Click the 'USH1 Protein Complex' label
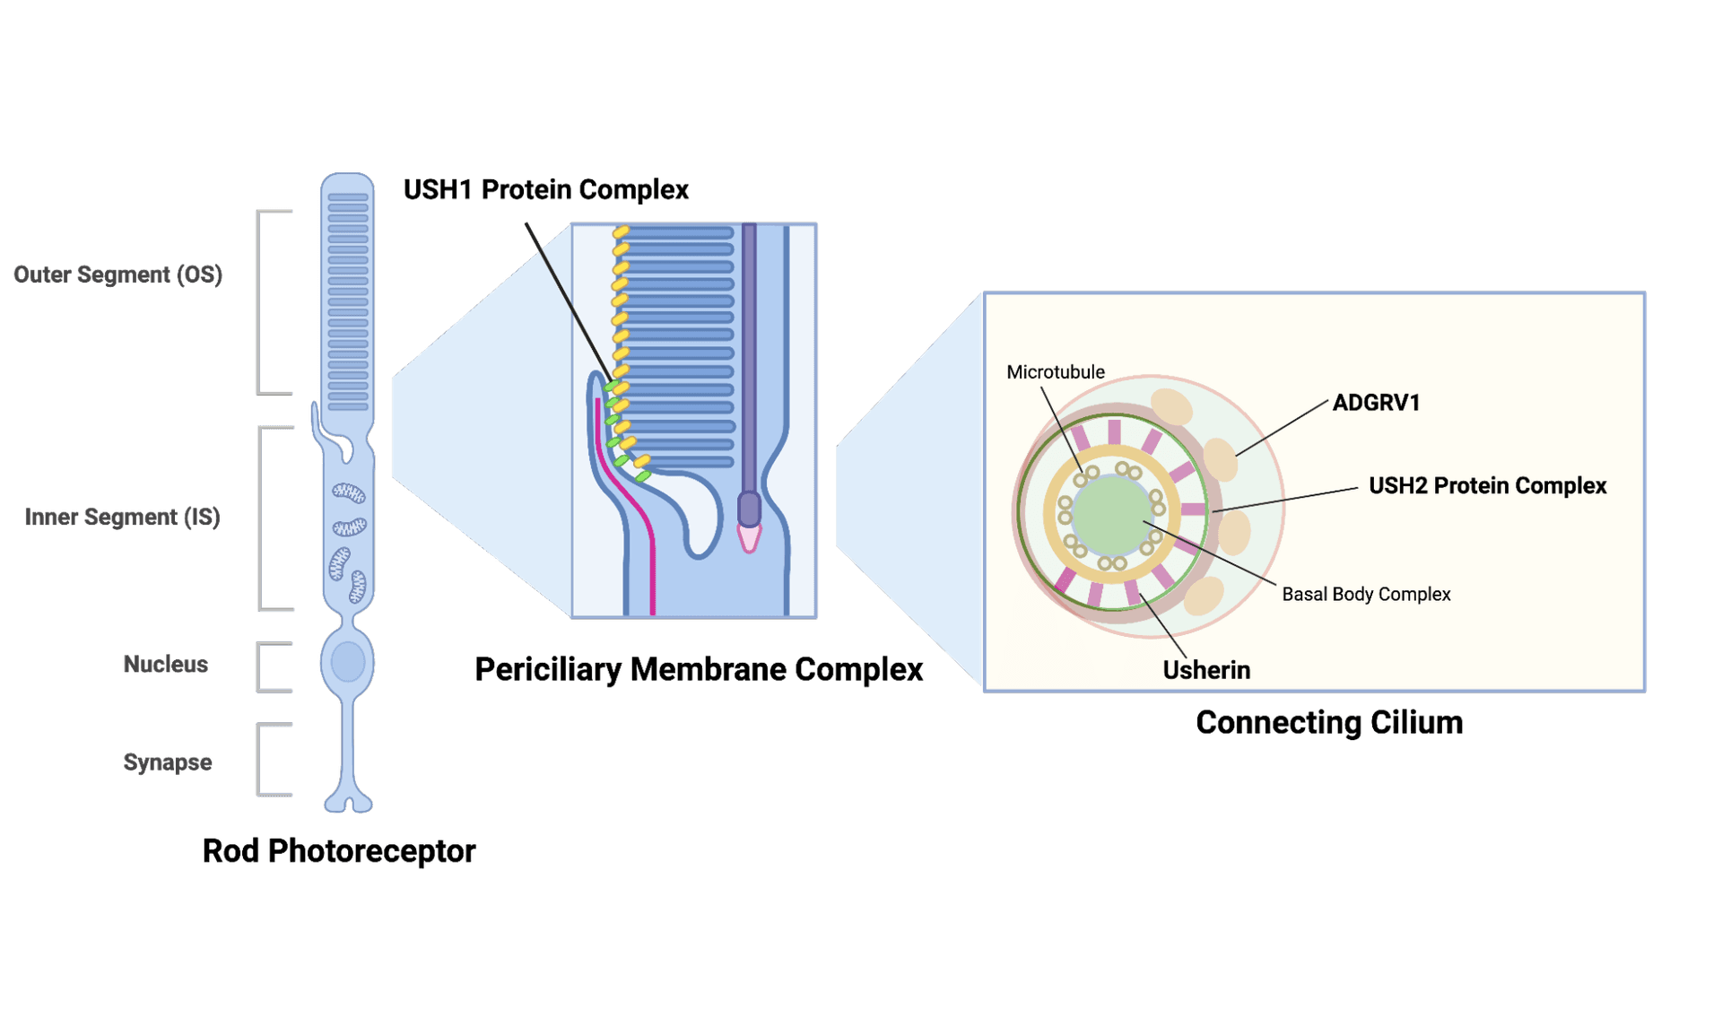point(545,190)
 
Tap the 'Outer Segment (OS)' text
point(117,274)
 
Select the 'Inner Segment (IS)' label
point(122,517)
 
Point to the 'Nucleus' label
point(165,664)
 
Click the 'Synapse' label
point(167,762)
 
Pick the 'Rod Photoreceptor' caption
point(338,850)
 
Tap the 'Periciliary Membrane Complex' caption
point(699,669)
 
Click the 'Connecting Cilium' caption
point(1329,722)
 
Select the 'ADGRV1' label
point(1376,403)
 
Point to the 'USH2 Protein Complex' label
point(1487,485)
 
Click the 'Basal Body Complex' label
point(1366,594)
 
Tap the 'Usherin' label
point(1206,670)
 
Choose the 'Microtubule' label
point(1056,372)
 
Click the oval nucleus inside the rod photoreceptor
point(348,662)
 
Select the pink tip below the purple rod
point(749,538)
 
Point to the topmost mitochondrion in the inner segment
point(349,492)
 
